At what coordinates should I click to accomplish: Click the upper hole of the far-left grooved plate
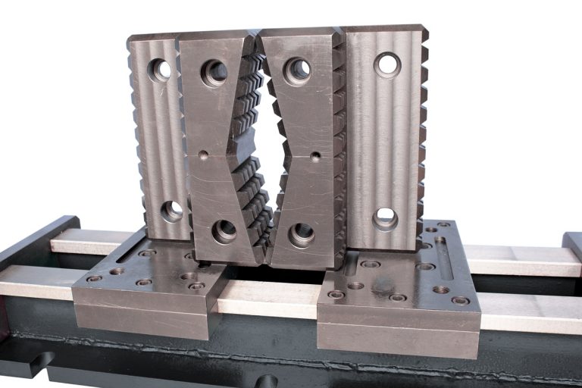(160, 70)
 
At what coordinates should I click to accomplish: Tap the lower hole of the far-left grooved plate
(172, 211)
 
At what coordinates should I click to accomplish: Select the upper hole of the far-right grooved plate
(387, 65)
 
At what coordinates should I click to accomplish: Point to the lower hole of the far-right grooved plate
(385, 219)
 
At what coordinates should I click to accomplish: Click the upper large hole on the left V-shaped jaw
(214, 74)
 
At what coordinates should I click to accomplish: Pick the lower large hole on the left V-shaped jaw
(224, 231)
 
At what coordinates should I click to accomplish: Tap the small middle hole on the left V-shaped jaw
(203, 155)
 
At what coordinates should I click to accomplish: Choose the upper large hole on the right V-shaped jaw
(298, 71)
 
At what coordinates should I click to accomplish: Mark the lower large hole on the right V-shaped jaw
(302, 235)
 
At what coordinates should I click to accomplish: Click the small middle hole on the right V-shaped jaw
(315, 157)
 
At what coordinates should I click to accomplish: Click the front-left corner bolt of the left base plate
(94, 278)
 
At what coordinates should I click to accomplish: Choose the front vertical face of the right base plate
(398, 330)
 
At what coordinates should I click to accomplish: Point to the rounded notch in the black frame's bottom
(267, 381)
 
